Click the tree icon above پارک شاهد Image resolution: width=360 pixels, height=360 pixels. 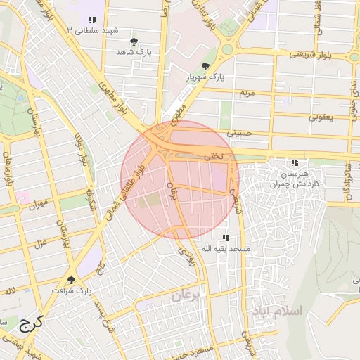pyautogui.click(x=134, y=41)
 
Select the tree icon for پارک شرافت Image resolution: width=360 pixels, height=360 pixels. pyautogui.click(x=72, y=279)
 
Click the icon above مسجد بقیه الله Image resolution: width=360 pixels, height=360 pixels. pyautogui.click(x=226, y=238)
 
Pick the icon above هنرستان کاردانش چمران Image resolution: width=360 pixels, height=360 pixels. pyautogui.click(x=294, y=162)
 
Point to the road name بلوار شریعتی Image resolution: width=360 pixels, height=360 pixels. pyautogui.click(x=310, y=55)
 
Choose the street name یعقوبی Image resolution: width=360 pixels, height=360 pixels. pyautogui.click(x=320, y=117)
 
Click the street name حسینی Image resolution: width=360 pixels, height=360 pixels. pyautogui.click(x=238, y=131)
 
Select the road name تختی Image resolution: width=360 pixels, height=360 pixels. pyautogui.click(x=212, y=156)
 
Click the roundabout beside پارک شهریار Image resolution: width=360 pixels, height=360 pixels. pyautogui.click(x=229, y=49)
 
